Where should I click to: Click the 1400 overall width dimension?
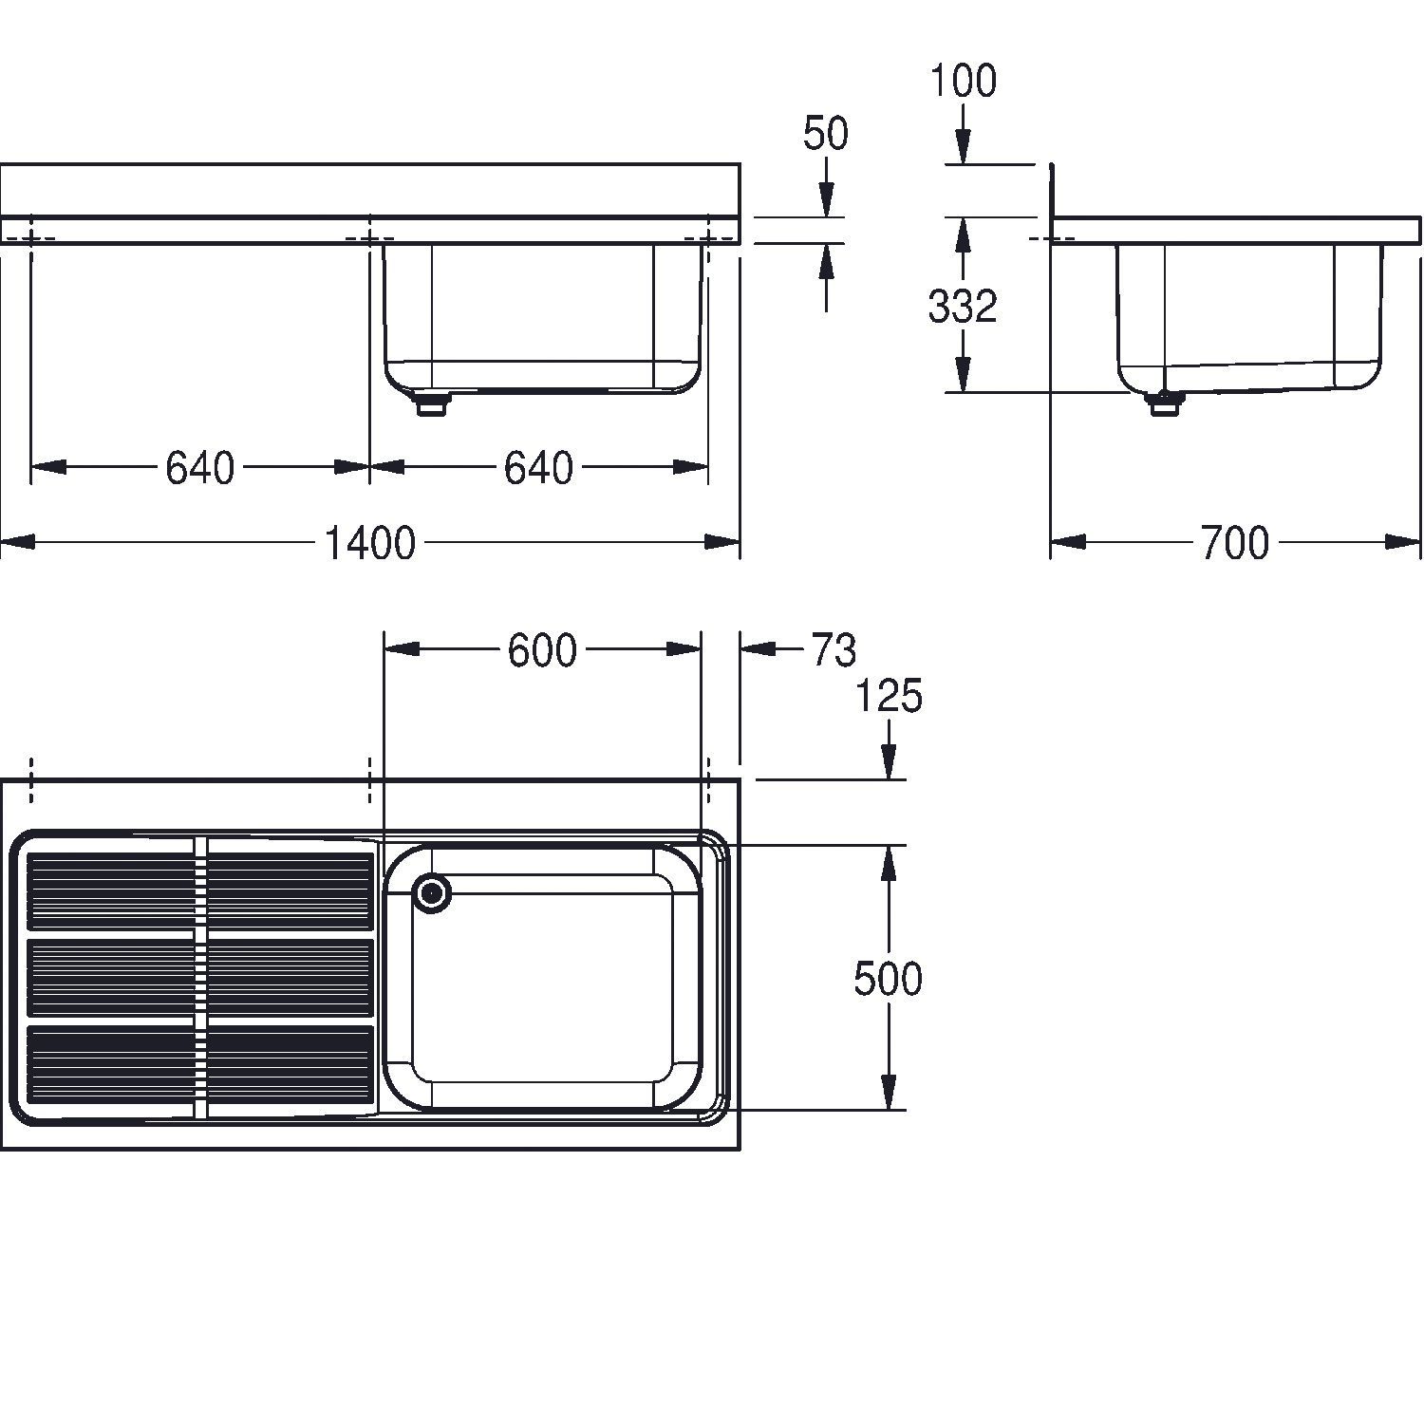pyautogui.click(x=369, y=543)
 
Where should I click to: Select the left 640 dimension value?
pyautogui.click(x=199, y=468)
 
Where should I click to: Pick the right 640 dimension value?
pyautogui.click(x=538, y=468)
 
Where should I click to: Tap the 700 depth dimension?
pyautogui.click(x=1234, y=543)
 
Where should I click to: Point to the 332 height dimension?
pyautogui.click(x=963, y=306)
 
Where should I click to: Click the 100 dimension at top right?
pyautogui.click(x=963, y=81)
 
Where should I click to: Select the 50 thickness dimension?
pyautogui.click(x=825, y=134)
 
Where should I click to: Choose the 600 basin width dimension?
pyautogui.click(x=541, y=650)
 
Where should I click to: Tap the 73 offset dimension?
pyautogui.click(x=834, y=650)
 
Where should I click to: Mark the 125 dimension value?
pyautogui.click(x=890, y=697)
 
